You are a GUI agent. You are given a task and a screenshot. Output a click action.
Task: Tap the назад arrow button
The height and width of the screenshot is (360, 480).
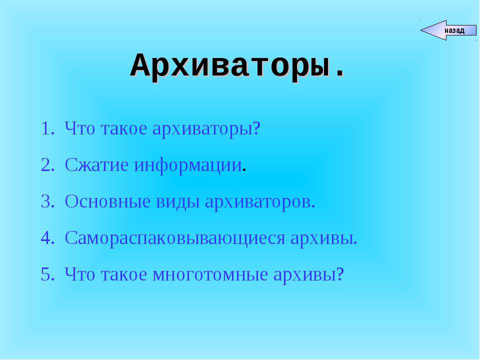[447, 30]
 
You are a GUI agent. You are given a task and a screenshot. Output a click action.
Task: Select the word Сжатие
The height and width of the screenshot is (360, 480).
[97, 165]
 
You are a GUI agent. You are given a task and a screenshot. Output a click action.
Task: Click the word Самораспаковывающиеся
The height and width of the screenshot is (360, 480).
[175, 238]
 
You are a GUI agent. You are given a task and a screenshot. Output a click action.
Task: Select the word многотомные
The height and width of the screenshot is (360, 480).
[210, 274]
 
